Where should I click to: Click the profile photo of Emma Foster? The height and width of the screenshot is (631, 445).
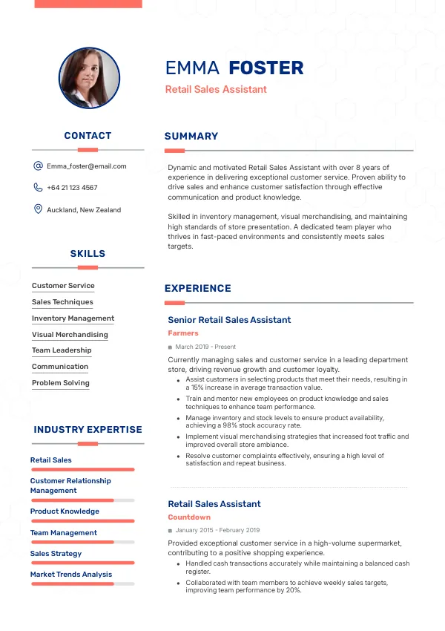tap(89, 78)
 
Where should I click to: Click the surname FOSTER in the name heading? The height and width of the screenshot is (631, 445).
tap(266, 68)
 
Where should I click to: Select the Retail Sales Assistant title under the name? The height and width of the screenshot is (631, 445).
tap(216, 90)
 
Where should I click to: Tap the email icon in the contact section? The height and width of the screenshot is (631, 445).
tap(38, 166)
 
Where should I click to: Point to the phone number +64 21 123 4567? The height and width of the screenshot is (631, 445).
tap(72, 188)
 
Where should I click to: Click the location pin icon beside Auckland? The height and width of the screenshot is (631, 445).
tap(38, 209)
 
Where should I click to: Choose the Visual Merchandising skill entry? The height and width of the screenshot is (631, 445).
tap(70, 335)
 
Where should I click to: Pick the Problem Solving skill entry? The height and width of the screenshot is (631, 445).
tap(60, 383)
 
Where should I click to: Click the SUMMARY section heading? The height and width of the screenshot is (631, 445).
tap(191, 137)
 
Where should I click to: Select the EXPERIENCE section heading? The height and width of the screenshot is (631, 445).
tap(198, 289)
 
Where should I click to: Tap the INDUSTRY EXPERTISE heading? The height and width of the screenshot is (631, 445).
tap(88, 430)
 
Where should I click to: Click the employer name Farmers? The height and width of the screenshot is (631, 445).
tap(183, 333)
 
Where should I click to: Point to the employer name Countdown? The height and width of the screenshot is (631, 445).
tap(189, 517)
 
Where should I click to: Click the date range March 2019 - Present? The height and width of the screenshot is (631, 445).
tap(205, 347)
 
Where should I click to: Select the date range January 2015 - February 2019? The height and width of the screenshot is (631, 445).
tap(217, 530)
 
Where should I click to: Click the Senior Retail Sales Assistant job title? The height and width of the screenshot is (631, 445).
tap(229, 320)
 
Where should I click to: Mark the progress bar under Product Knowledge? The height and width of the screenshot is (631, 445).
tap(82, 521)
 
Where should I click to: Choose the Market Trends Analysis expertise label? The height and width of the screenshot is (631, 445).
tap(71, 575)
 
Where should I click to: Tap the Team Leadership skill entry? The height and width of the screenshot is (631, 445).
tap(62, 350)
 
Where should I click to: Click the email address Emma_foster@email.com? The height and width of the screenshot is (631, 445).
tap(87, 166)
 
